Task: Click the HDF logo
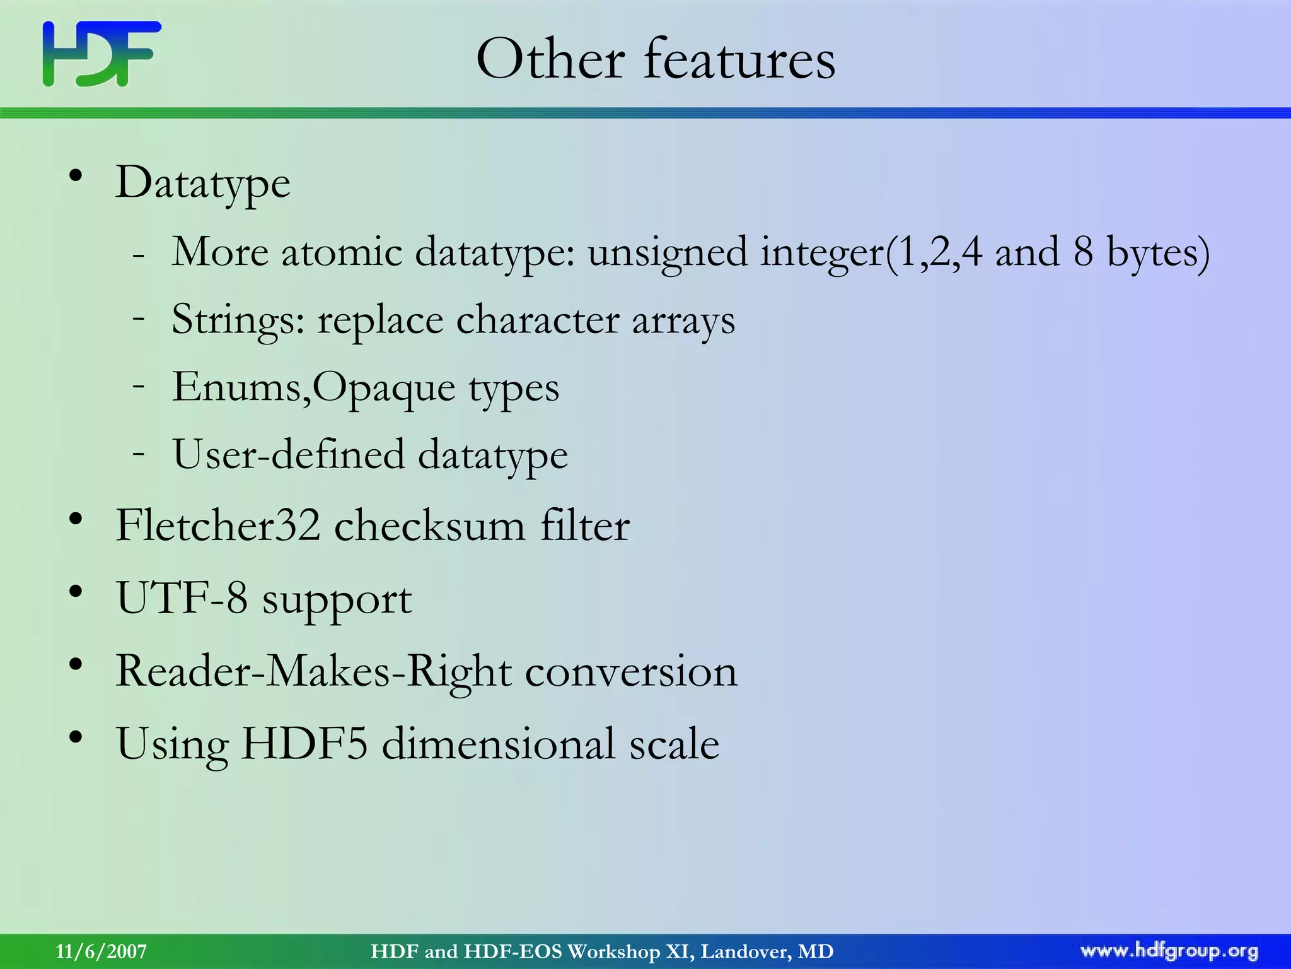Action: click(x=101, y=54)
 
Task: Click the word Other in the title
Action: click(x=550, y=59)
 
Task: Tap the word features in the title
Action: click(x=739, y=59)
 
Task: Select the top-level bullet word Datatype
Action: click(x=202, y=184)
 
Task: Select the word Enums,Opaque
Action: click(x=313, y=387)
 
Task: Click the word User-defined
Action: click(x=289, y=455)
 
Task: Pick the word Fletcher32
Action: click(x=218, y=526)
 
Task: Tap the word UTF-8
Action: click(x=182, y=598)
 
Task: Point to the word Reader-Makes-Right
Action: click(x=313, y=671)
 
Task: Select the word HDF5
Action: click(x=304, y=744)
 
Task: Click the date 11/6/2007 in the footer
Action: click(x=101, y=951)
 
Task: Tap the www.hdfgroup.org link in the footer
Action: click(x=1169, y=951)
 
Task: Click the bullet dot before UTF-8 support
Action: click(x=76, y=592)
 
